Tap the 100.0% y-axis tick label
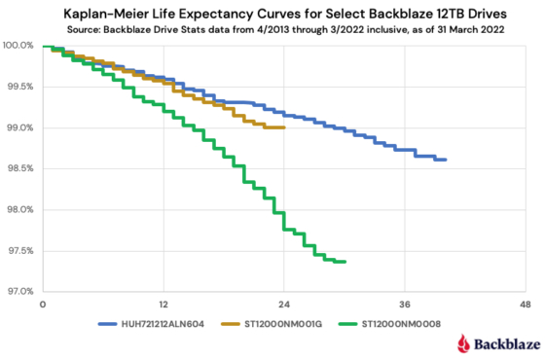(18, 46)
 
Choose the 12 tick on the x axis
(163, 305)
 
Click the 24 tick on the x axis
(283, 305)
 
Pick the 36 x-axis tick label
(404, 305)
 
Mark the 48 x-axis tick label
(525, 305)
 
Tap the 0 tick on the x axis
(43, 305)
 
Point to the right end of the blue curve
(445, 160)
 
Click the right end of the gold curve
(283, 127)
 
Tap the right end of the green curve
(345, 261)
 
